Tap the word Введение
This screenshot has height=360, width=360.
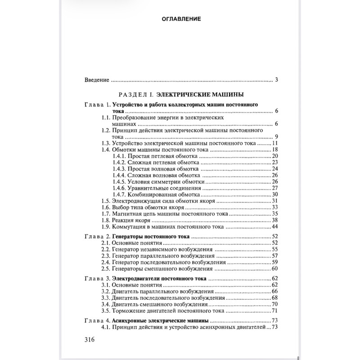97,80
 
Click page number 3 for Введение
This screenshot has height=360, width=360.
277,80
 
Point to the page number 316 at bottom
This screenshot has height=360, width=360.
90,340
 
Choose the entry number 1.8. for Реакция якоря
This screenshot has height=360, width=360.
106,220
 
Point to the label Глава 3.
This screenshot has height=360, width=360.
97,279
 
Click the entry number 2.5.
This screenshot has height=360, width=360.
106,269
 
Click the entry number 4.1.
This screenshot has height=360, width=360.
106,327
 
